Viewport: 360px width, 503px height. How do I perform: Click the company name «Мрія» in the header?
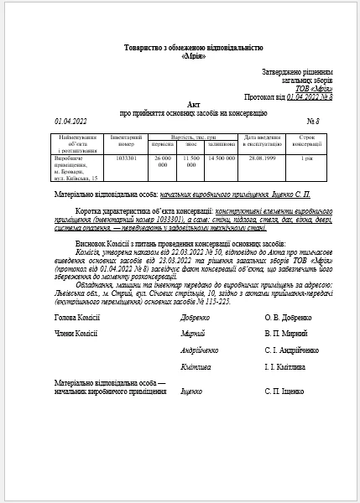click(x=180, y=55)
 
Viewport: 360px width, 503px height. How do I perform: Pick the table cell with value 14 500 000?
click(x=220, y=157)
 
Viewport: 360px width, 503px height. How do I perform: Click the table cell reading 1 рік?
click(x=308, y=157)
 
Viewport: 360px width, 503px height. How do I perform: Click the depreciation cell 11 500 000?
click(x=190, y=161)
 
